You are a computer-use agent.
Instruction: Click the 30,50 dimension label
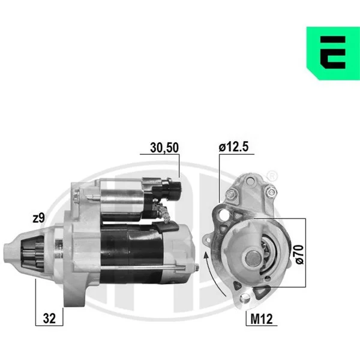pos(164,148)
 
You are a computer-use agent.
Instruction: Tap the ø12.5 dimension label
pos(233,146)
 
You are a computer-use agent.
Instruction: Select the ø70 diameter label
pos(299,254)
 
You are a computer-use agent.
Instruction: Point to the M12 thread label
pos(262,319)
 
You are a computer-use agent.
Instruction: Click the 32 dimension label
pos(49,319)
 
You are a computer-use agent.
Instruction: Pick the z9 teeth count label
pos(38,218)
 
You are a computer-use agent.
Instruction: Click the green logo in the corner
pos(333,53)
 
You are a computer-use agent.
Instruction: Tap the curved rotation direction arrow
pos(212,273)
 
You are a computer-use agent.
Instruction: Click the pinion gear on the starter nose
pos(32,254)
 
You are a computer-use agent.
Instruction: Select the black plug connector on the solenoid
pos(169,190)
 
